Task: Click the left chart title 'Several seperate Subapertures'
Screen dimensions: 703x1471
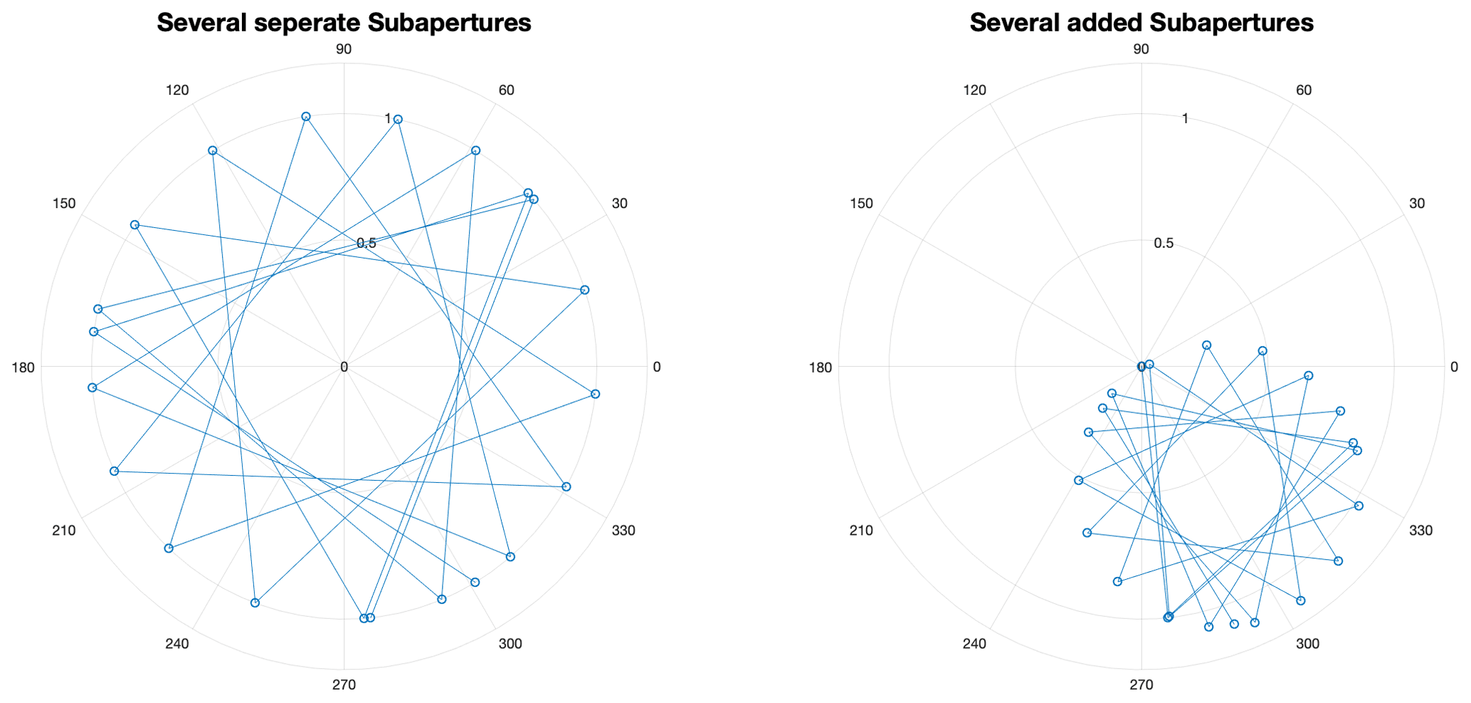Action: (344, 24)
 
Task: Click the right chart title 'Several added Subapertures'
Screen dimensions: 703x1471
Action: (1141, 24)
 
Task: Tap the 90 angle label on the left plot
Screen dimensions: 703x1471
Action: (344, 49)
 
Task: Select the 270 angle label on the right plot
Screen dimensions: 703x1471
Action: (1142, 685)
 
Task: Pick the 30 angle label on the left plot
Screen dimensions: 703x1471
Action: (619, 204)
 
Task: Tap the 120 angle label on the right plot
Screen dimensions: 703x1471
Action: (974, 90)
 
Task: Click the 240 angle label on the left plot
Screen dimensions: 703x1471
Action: (176, 645)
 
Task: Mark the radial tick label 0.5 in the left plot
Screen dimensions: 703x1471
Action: (367, 244)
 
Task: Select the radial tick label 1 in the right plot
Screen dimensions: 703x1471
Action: (1185, 118)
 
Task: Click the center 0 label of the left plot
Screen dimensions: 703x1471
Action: (344, 368)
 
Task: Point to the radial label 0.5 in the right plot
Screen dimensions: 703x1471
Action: (1164, 244)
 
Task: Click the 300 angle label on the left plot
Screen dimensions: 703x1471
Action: (510, 645)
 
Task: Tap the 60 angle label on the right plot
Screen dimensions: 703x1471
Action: (1304, 90)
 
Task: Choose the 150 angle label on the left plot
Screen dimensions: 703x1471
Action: (63, 204)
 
